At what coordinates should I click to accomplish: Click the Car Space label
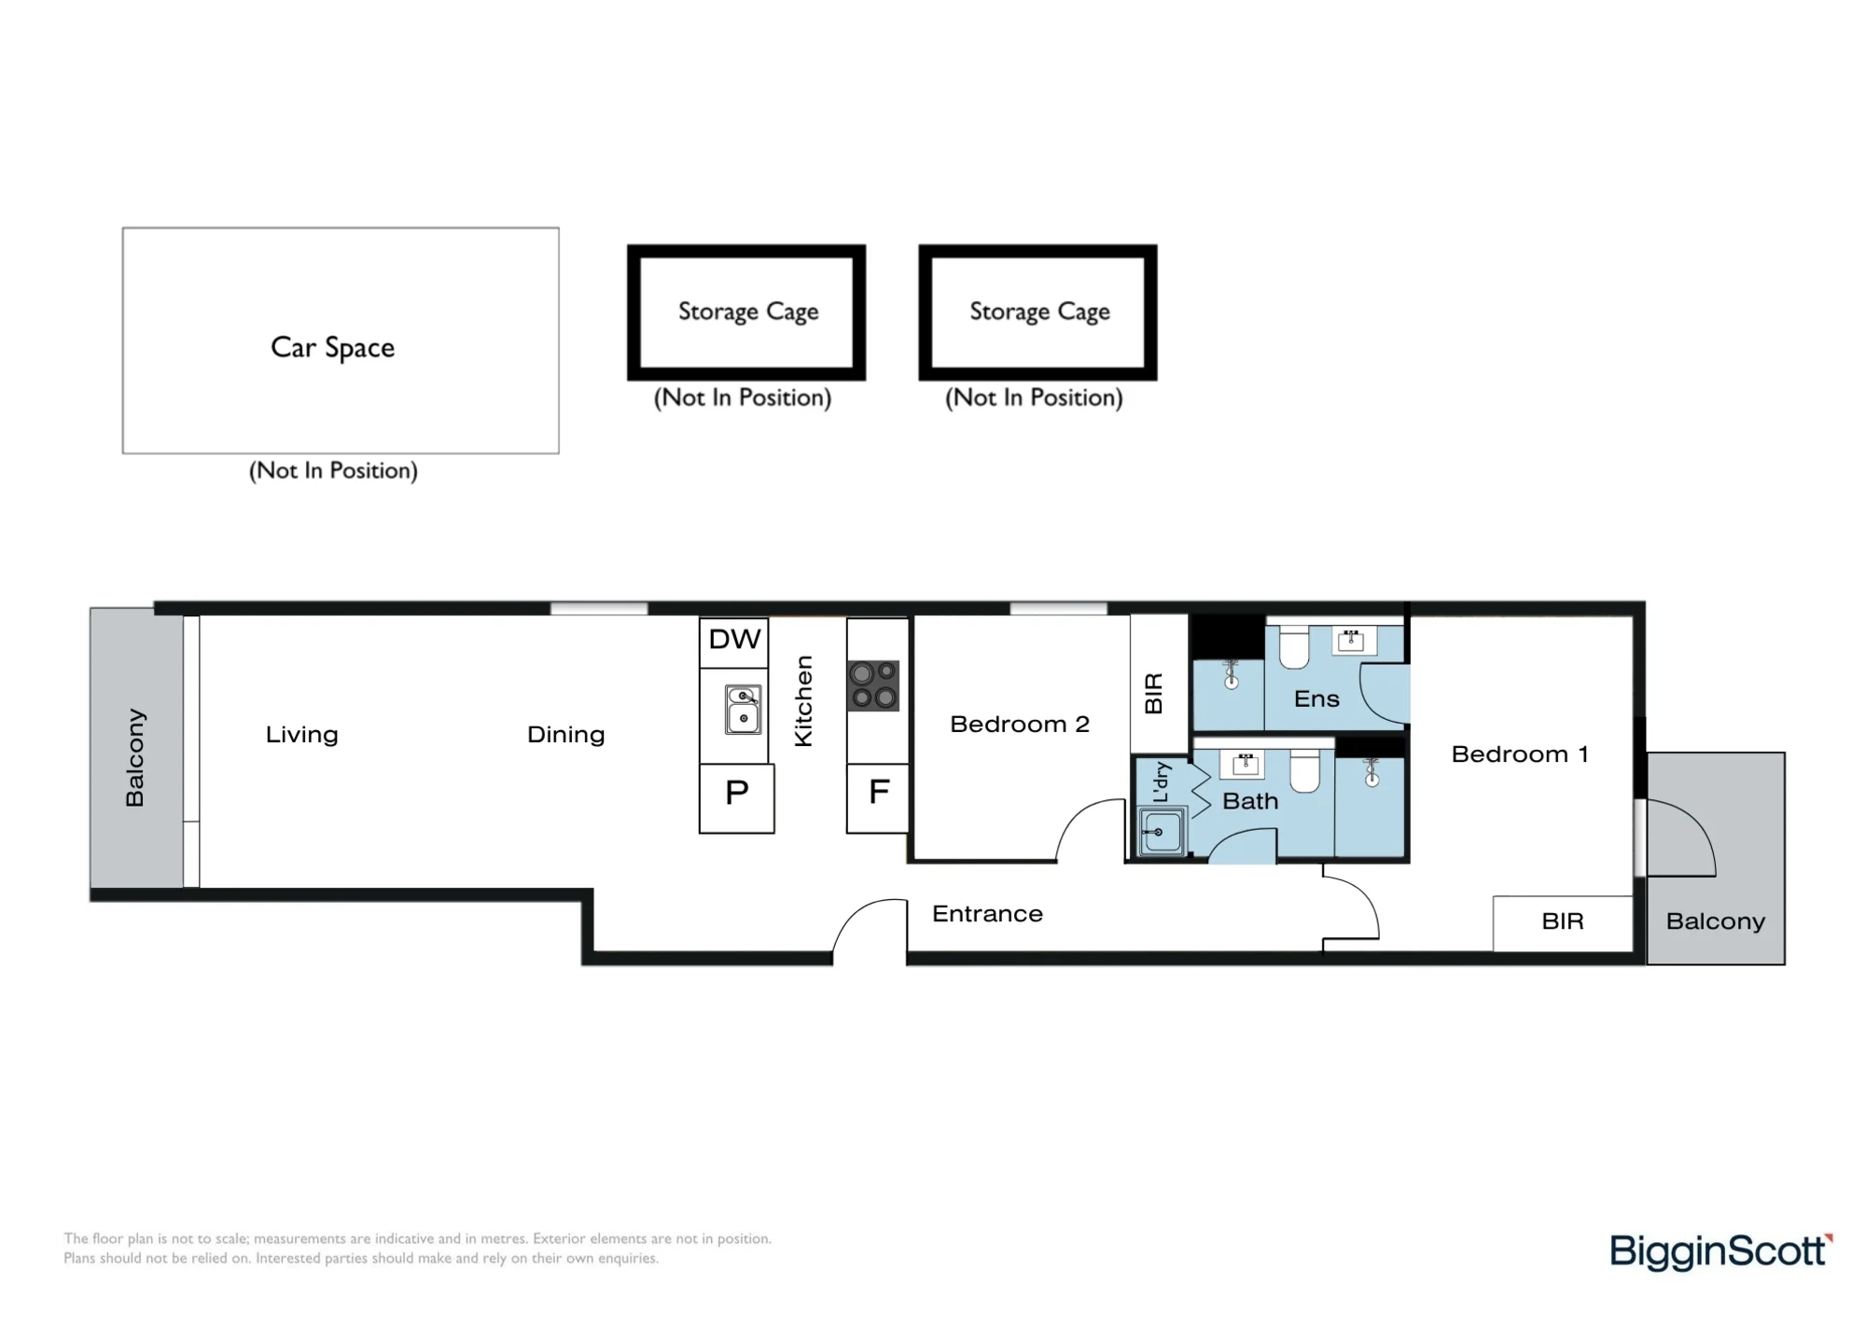tap(332, 348)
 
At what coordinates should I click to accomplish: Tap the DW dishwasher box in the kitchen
tap(734, 643)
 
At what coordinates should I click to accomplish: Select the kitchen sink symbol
tap(743, 710)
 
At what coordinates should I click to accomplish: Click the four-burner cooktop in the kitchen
tap(873, 685)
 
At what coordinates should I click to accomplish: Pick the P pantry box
tap(737, 798)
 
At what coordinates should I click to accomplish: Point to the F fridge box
tap(878, 798)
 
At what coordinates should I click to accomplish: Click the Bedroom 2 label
tap(1020, 725)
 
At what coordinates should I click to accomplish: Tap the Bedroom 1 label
tap(1520, 754)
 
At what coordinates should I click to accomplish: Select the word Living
tap(301, 735)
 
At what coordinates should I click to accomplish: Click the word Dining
tap(565, 735)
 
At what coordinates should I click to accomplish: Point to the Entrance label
tap(987, 914)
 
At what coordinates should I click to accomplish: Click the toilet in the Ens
tap(1294, 648)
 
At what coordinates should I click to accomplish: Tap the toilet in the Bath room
tap(1305, 770)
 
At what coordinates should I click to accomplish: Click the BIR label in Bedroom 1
tap(1563, 921)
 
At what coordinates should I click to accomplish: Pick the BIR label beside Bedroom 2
tap(1154, 694)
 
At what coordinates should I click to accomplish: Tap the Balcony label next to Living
tap(135, 757)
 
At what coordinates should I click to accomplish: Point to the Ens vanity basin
tap(1351, 641)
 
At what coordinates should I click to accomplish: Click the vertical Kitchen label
tap(803, 701)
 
